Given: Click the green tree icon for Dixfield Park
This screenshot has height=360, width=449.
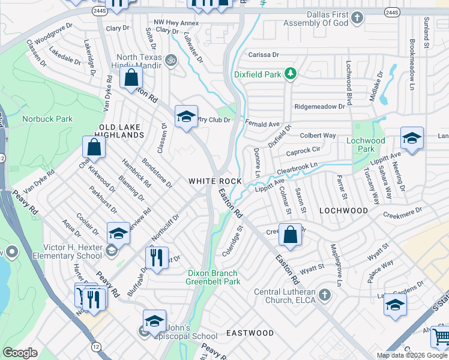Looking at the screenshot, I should [x=291, y=74].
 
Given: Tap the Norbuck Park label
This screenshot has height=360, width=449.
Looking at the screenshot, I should [x=47, y=119].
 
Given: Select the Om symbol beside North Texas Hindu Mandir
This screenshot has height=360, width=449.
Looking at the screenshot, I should [x=170, y=60].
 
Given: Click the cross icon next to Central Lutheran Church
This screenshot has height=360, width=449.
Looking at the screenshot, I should [x=324, y=295].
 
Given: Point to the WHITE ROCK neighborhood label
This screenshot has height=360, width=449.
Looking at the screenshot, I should [x=215, y=181].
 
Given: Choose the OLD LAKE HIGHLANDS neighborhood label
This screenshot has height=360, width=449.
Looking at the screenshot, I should [x=121, y=130].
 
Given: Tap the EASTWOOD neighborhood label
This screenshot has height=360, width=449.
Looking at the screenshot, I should [x=250, y=332].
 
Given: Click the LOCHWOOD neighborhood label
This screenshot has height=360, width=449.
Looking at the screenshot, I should [x=343, y=211].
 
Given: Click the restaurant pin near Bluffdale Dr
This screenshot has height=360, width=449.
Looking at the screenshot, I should [x=157, y=258].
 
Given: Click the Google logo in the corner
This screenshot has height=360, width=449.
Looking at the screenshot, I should [x=20, y=352].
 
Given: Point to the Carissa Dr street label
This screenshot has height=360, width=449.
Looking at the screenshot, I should [x=259, y=54].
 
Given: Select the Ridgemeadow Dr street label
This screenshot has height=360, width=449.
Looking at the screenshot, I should [x=319, y=106].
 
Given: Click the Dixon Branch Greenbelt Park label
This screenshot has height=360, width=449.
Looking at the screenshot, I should [x=212, y=277].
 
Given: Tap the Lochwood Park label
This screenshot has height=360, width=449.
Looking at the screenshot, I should [x=366, y=145].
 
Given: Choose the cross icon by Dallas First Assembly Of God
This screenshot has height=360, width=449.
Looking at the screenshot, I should [x=357, y=17].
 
